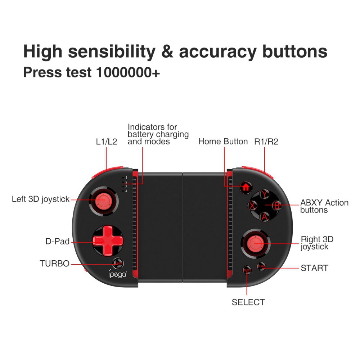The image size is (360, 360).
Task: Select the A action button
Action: coord(265,217)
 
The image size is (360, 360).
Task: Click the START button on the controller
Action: coord(261,267)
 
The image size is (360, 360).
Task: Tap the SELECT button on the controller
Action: coord(247,270)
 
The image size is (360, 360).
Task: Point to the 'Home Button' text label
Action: coord(223,141)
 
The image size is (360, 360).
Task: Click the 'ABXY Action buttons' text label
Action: coord(324,206)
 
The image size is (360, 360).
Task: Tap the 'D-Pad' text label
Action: coord(57,242)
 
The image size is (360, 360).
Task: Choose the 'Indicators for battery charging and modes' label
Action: coord(158,134)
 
